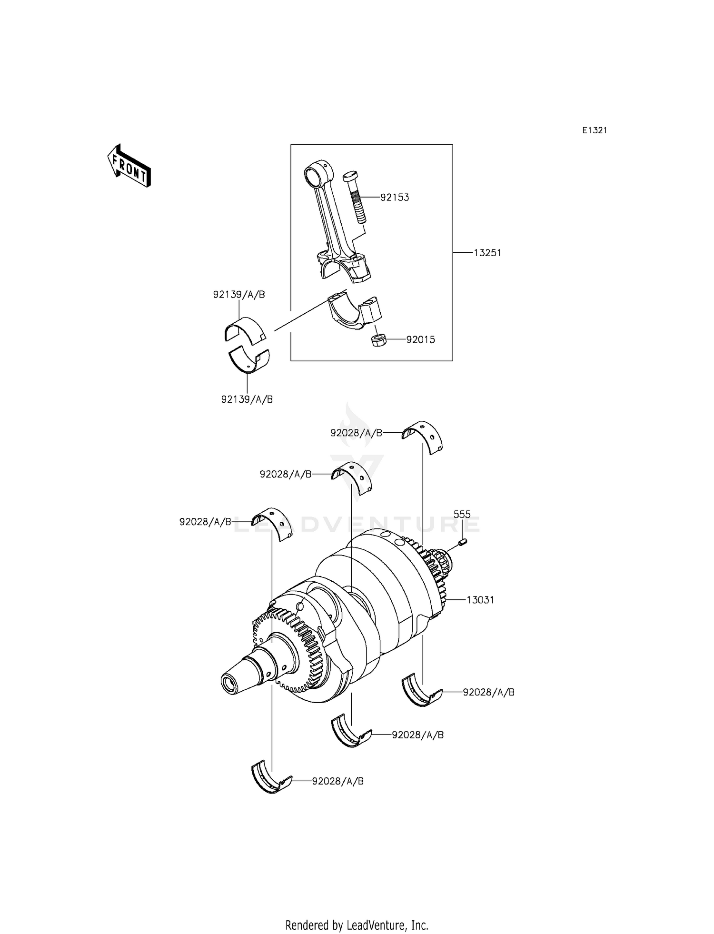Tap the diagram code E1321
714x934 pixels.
(x=595, y=130)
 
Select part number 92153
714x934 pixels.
(x=395, y=197)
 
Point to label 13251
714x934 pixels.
(x=487, y=253)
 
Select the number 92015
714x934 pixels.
(x=420, y=340)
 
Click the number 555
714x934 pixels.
(x=462, y=514)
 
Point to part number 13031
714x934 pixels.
(x=480, y=600)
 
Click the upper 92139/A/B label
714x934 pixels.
(x=239, y=295)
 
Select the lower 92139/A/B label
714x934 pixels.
(x=247, y=399)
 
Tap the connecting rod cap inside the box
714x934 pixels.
(x=355, y=312)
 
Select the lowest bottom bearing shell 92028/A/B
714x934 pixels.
(x=270, y=781)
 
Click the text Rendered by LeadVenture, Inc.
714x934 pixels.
(x=357, y=925)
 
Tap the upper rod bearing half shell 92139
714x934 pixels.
(x=244, y=329)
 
